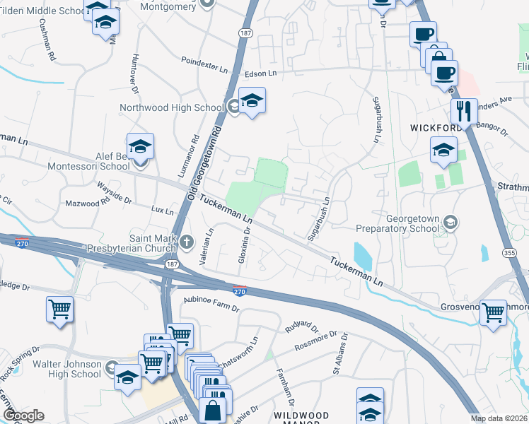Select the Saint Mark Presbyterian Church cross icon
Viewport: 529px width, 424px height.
(x=187, y=242)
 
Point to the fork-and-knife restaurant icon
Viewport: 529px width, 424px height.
(x=463, y=111)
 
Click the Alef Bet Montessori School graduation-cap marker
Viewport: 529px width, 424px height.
(x=140, y=146)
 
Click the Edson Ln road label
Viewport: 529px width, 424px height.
(x=260, y=73)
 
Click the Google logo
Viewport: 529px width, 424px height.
(x=23, y=415)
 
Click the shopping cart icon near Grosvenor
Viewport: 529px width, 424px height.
(x=493, y=312)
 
